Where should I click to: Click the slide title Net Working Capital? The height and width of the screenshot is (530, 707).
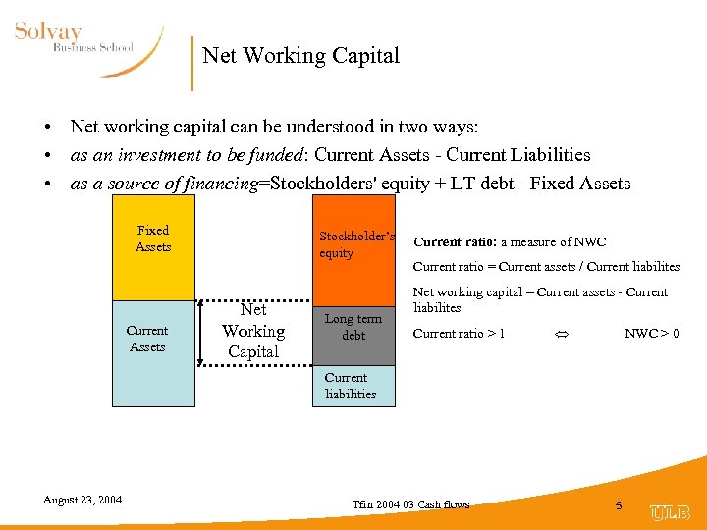click(300, 56)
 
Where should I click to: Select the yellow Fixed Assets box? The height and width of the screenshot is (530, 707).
click(153, 247)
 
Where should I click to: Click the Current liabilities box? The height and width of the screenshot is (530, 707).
click(353, 386)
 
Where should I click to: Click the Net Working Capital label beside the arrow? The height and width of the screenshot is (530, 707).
click(253, 331)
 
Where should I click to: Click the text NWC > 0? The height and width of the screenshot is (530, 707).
click(652, 334)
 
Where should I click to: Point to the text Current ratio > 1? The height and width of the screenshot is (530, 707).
click(459, 334)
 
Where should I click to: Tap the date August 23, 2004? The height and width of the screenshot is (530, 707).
click(82, 500)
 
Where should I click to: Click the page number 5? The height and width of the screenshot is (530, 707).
click(619, 505)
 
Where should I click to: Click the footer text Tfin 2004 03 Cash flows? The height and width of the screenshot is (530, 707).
click(410, 504)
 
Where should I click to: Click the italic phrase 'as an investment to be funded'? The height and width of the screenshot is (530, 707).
click(180, 155)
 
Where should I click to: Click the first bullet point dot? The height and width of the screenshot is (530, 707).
click(46, 128)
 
